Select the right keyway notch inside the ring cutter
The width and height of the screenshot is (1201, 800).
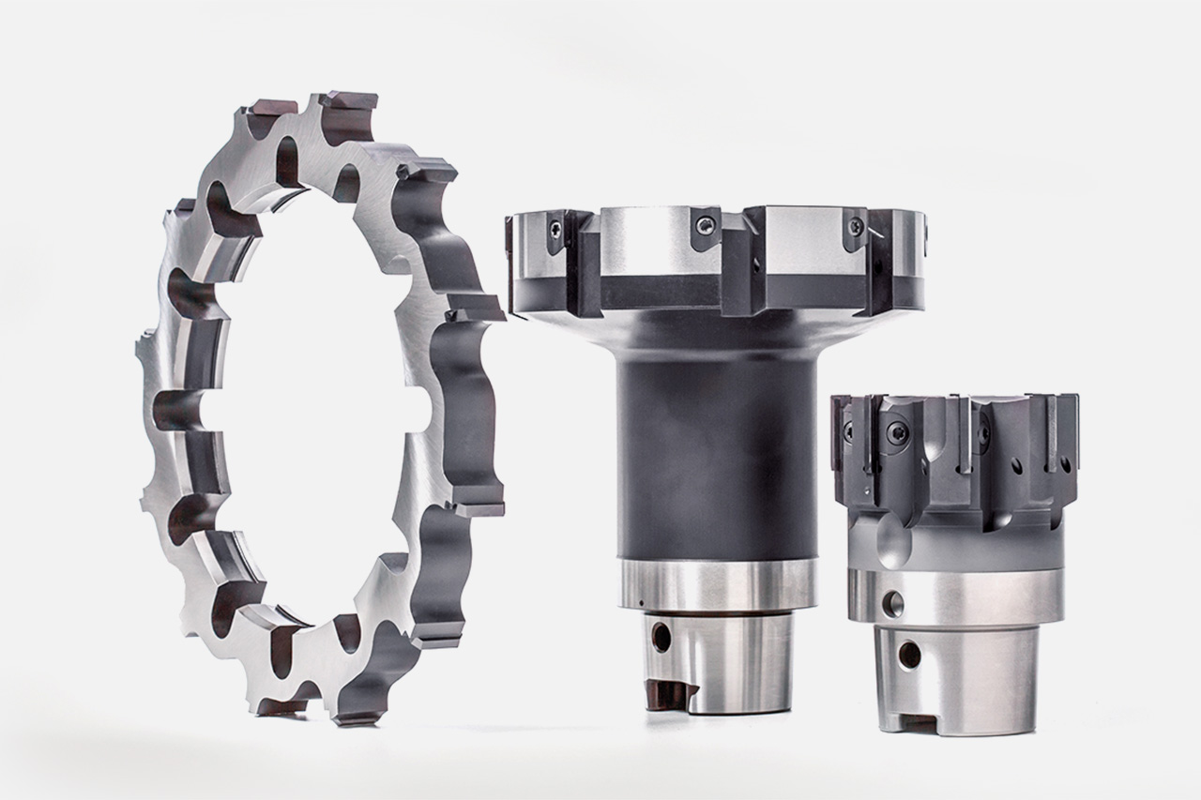(x=416, y=413)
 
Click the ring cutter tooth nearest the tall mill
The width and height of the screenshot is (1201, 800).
(x=474, y=310)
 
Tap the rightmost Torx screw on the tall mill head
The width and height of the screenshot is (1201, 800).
(x=855, y=226)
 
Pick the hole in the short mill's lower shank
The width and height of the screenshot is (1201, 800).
(x=908, y=655)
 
